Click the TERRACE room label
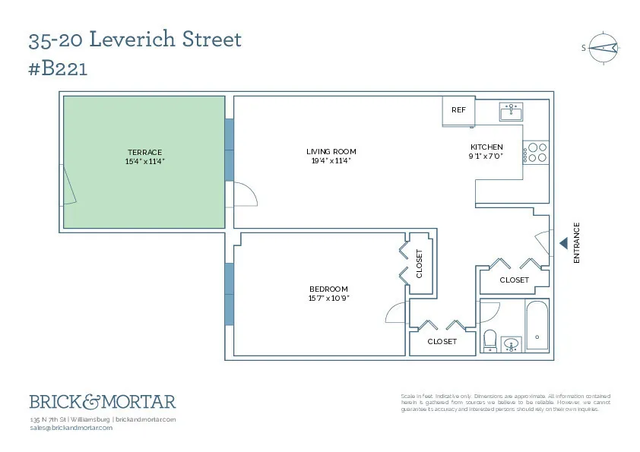[x=144, y=152]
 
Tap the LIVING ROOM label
[x=331, y=151]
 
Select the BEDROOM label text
[x=328, y=289]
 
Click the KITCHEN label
[x=486, y=147]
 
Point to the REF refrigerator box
[x=458, y=111]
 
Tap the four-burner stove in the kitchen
[x=537, y=153]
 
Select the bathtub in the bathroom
[x=537, y=327]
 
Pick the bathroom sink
[x=512, y=345]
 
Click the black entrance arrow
[x=563, y=243]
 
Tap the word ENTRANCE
[x=576, y=243]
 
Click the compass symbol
[x=601, y=47]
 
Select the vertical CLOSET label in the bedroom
[x=420, y=264]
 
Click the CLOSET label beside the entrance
[x=514, y=280]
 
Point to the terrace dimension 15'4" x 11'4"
[x=144, y=161]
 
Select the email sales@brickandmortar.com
[x=71, y=428]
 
